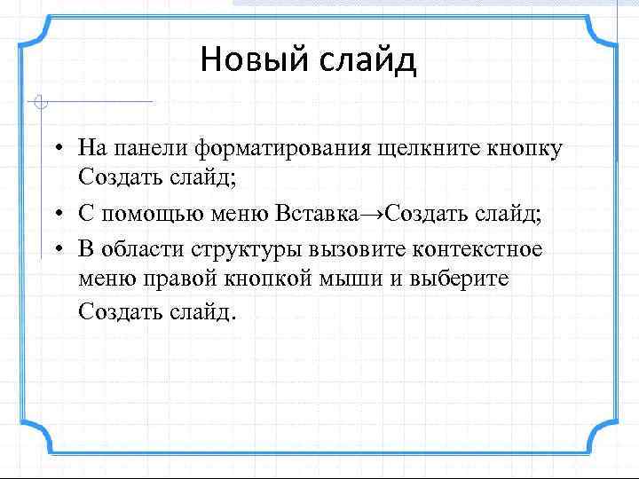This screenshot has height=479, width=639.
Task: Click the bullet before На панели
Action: (56, 147)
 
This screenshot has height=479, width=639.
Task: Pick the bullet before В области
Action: (56, 249)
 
